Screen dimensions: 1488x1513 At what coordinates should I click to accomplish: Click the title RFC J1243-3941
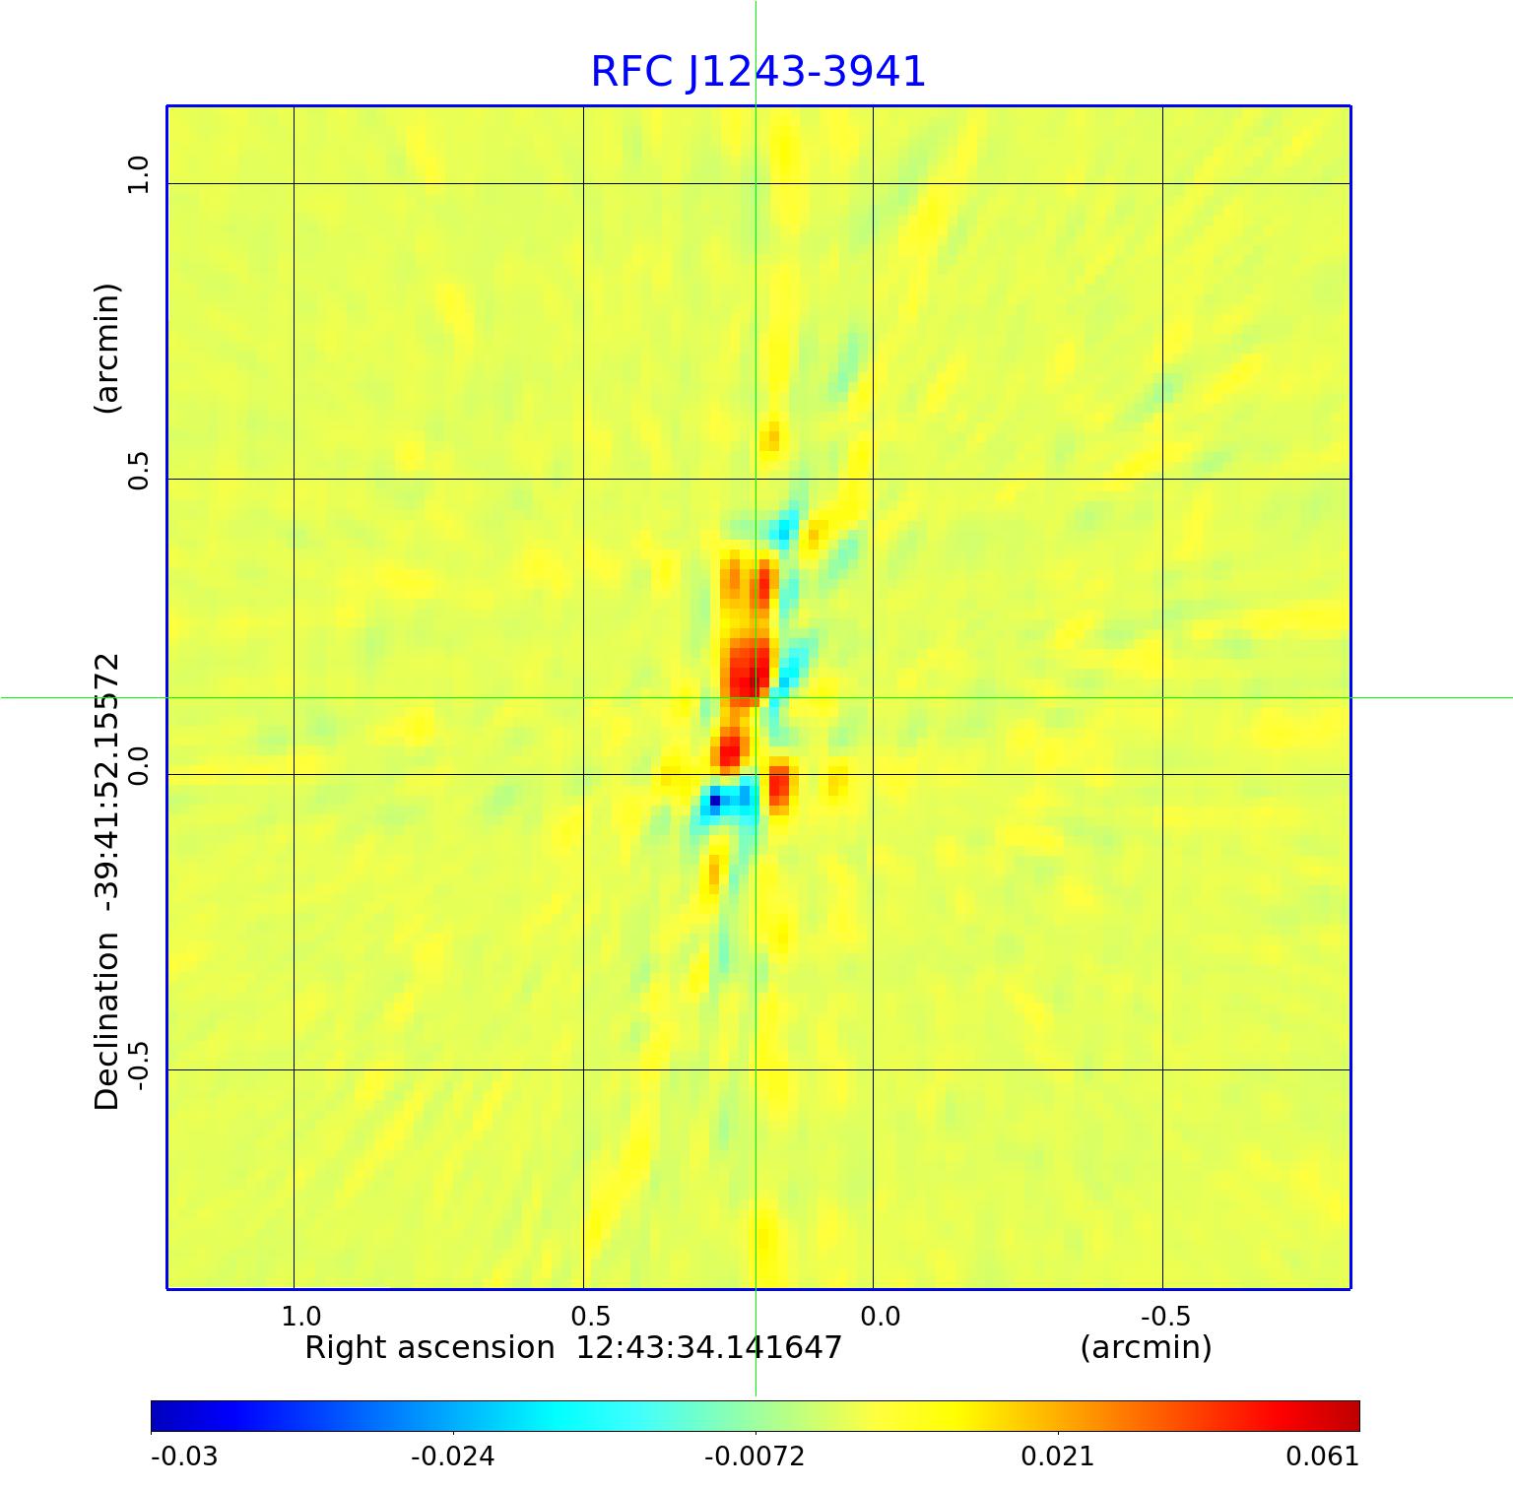coord(757,72)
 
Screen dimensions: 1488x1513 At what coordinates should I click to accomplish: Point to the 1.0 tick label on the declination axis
coord(138,175)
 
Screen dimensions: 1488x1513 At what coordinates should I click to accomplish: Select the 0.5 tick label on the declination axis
coord(138,471)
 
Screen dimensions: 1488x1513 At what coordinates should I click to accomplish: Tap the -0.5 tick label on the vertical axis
coord(138,1065)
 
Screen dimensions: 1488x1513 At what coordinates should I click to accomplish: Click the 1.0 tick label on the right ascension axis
coord(300,1317)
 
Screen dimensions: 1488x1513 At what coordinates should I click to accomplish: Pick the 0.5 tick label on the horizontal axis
coord(590,1317)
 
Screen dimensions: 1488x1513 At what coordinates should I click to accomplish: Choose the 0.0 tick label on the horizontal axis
coord(880,1317)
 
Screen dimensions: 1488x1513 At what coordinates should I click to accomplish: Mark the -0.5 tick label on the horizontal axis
coord(1165,1317)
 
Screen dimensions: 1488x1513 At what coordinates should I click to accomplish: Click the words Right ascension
coord(429,1347)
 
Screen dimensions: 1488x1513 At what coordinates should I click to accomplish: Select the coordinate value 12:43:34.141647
coord(708,1347)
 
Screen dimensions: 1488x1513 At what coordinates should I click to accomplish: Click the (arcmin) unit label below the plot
coord(1146,1347)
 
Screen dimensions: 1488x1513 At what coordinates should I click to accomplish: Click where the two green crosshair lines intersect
coord(756,697)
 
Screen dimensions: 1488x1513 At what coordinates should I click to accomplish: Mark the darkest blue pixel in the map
coord(715,801)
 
